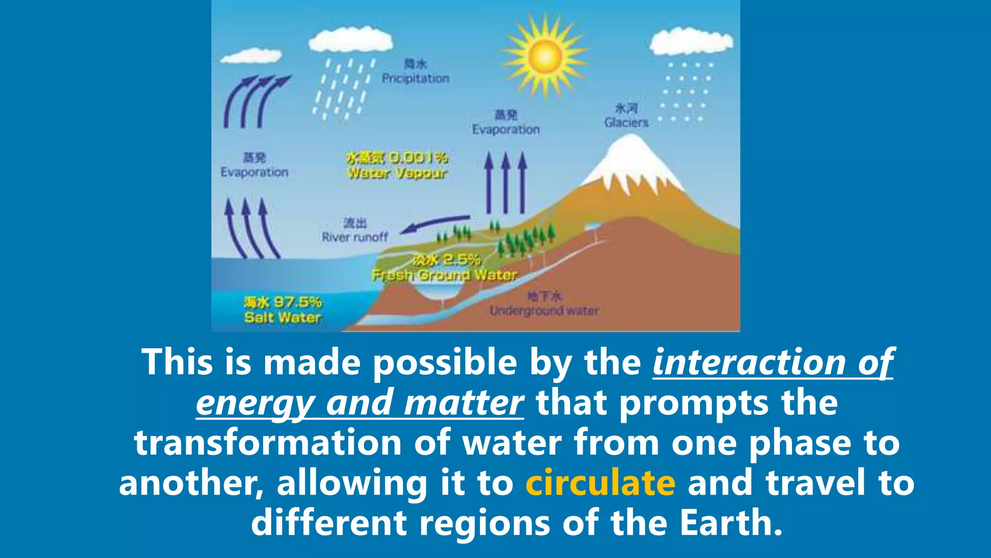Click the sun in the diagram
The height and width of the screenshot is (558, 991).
pos(545,56)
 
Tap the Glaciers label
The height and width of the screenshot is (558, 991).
pos(626,123)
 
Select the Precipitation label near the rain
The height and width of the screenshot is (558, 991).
pos(416,78)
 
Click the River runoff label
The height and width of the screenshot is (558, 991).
pos(355,237)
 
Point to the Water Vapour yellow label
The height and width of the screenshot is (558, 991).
pos(397,173)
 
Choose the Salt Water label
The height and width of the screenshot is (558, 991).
pos(283,318)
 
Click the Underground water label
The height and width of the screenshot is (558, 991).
pos(544,310)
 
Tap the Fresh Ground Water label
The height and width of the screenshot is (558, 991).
pos(444,275)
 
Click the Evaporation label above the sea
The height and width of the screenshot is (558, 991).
pos(255,172)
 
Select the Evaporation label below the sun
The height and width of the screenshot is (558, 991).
pos(506,129)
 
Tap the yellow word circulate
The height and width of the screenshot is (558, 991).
pos(600,483)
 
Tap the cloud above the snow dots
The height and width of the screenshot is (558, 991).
pos(691,42)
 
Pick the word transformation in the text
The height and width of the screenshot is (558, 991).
pos(268,443)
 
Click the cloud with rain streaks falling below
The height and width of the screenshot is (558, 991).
pos(350,40)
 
